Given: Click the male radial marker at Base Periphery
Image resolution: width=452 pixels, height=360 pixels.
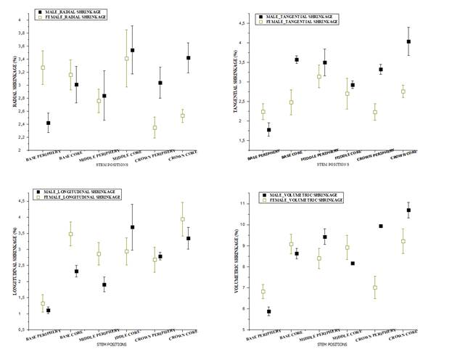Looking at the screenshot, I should click(48, 123).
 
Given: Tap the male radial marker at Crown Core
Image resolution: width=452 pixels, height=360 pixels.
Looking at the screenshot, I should click(188, 57).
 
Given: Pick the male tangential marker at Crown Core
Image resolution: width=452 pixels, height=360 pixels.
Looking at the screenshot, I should click(408, 41).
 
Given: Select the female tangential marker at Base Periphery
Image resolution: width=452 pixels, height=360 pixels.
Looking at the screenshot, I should click(263, 112).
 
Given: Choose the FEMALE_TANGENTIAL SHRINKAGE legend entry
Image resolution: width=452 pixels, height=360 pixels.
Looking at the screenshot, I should click(302, 22).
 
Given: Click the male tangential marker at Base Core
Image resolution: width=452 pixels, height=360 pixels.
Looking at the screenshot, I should click(296, 60).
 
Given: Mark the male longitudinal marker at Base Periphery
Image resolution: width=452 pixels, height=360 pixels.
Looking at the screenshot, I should click(48, 310).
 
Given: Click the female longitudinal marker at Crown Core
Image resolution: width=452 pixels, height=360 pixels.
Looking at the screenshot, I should click(182, 219).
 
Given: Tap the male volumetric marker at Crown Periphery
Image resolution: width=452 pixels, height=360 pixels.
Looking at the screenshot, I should click(380, 226).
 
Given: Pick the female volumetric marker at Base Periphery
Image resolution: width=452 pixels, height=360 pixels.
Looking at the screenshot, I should click(263, 291).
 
